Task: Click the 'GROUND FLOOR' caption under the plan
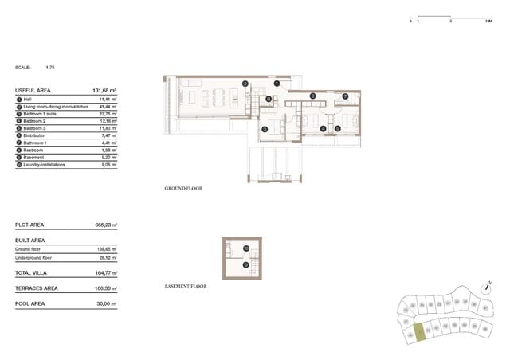183,189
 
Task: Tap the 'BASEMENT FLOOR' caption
185,285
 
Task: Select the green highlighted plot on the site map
415,335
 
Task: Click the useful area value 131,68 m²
104,92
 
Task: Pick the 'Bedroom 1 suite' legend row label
41,114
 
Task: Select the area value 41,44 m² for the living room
108,106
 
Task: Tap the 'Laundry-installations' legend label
45,165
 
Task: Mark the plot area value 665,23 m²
105,225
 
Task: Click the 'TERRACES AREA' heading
36,288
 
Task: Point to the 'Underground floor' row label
33,258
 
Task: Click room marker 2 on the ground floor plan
245,84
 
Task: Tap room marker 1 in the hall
276,83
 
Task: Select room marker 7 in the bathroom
345,96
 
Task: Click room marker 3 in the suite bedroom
265,127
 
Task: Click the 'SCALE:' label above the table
23,68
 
